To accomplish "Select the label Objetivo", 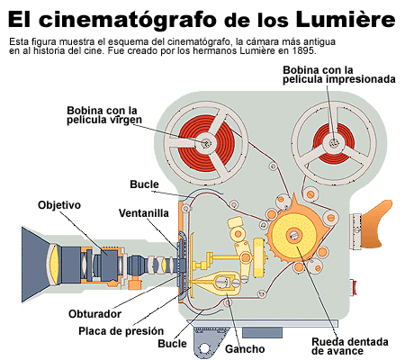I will click(x=59, y=205).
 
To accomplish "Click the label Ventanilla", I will click(x=140, y=213).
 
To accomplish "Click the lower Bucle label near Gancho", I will click(x=172, y=344).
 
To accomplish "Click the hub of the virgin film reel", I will click(x=206, y=141).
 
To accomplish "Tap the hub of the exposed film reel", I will click(x=332, y=138).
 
